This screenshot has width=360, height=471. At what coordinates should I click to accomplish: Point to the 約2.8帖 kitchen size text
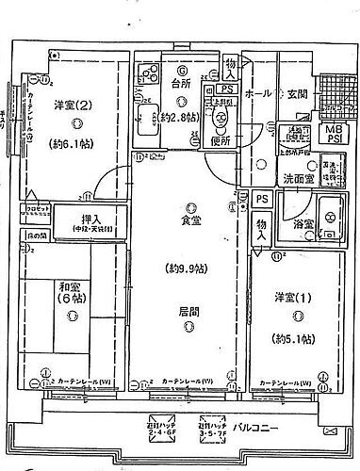[178, 117]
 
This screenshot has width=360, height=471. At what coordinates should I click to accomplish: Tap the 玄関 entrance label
[298, 93]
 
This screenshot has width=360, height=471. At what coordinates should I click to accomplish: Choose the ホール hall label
[259, 95]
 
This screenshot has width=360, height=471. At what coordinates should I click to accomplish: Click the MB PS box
[334, 134]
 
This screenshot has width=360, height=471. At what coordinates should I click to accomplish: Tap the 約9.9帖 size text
[189, 267]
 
